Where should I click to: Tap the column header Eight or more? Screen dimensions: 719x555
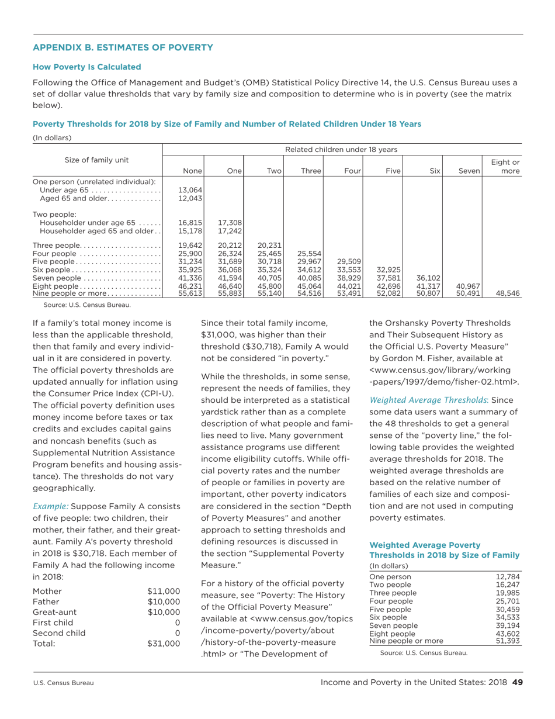click(x=507, y=165)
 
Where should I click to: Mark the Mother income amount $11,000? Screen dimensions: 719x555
click(x=164, y=591)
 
